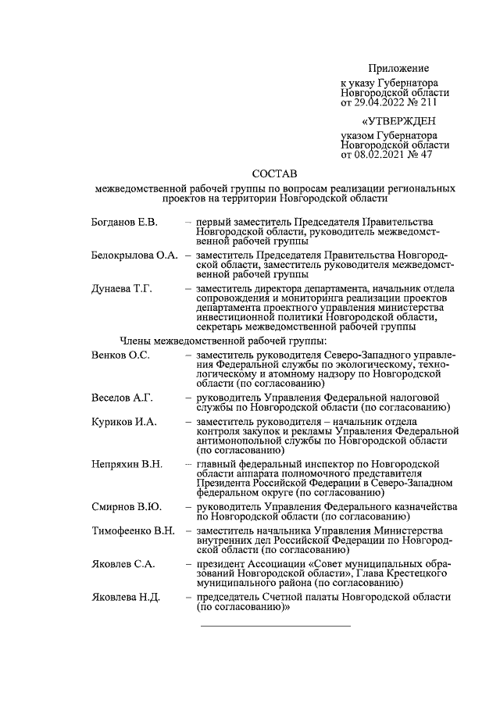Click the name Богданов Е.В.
coord(124,223)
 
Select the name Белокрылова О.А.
coord(134,255)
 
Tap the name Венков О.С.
coord(120,355)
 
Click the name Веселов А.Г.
coord(121,397)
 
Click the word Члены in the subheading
coord(137,340)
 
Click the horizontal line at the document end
coord(276,626)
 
